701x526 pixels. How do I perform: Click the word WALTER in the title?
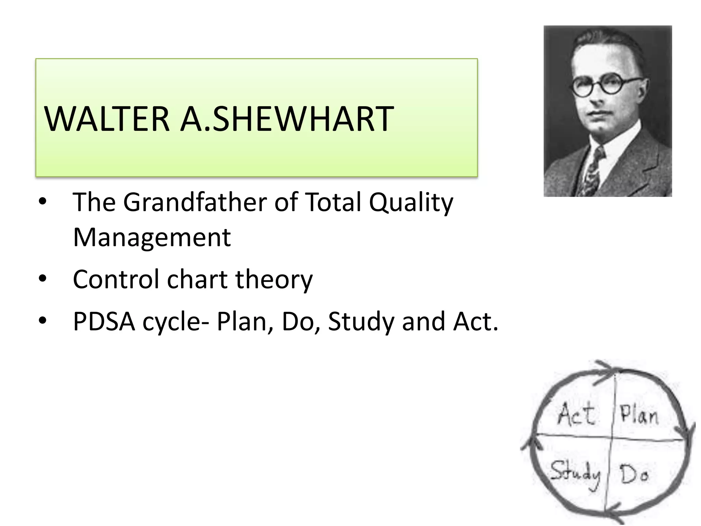click(107, 119)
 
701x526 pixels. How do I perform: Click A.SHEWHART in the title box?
click(287, 119)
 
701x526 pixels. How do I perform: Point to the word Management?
click(152, 238)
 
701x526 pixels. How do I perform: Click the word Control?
click(116, 279)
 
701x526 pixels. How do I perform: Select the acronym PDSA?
click(104, 322)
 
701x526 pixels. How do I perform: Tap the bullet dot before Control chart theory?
click(42, 279)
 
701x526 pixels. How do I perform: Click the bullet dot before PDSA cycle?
click(42, 321)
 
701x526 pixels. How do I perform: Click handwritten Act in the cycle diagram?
click(576, 415)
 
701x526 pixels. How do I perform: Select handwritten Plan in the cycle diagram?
click(639, 415)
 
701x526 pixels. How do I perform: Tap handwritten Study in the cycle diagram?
click(575, 474)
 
